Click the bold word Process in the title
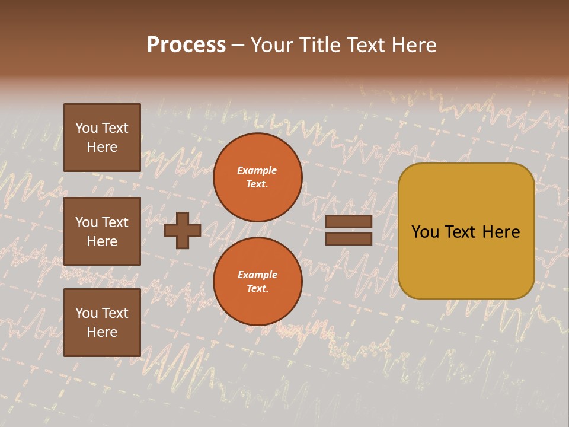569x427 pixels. click(186, 45)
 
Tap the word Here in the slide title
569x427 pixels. click(412, 45)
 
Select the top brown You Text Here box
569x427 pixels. click(102, 138)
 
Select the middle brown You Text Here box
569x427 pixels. click(102, 231)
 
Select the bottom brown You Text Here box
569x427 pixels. click(102, 322)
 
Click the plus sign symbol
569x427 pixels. click(183, 230)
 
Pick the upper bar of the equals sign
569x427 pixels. click(349, 222)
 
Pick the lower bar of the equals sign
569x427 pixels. click(349, 238)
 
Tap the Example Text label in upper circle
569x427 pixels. click(257, 177)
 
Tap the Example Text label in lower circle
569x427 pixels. click(257, 281)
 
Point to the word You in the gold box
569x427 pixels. click(424, 232)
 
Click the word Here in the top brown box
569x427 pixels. click(102, 147)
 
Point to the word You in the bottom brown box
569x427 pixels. click(87, 313)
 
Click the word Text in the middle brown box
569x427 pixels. click(115, 222)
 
